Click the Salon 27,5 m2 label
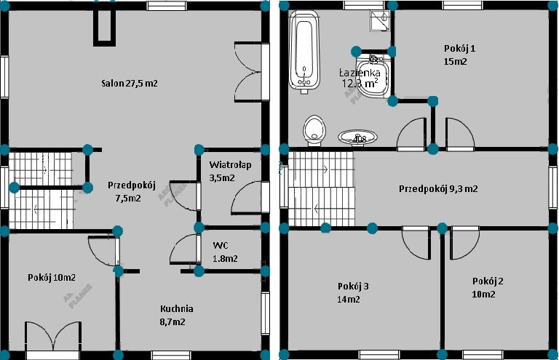tap(130, 84)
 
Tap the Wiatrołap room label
tap(230, 171)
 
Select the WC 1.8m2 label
tap(224, 252)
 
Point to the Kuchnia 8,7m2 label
tap(176, 314)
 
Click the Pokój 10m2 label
tap(52, 277)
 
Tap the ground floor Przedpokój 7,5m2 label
tap(132, 191)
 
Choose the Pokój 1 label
tap(459, 55)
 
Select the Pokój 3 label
tap(353, 292)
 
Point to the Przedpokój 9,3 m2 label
tap(438, 188)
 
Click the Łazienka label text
tap(360, 78)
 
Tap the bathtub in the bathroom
tap(304, 52)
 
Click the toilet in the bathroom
tap(314, 129)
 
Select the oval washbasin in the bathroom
tap(357, 137)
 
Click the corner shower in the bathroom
tap(378, 23)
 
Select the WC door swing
tap(185, 252)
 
